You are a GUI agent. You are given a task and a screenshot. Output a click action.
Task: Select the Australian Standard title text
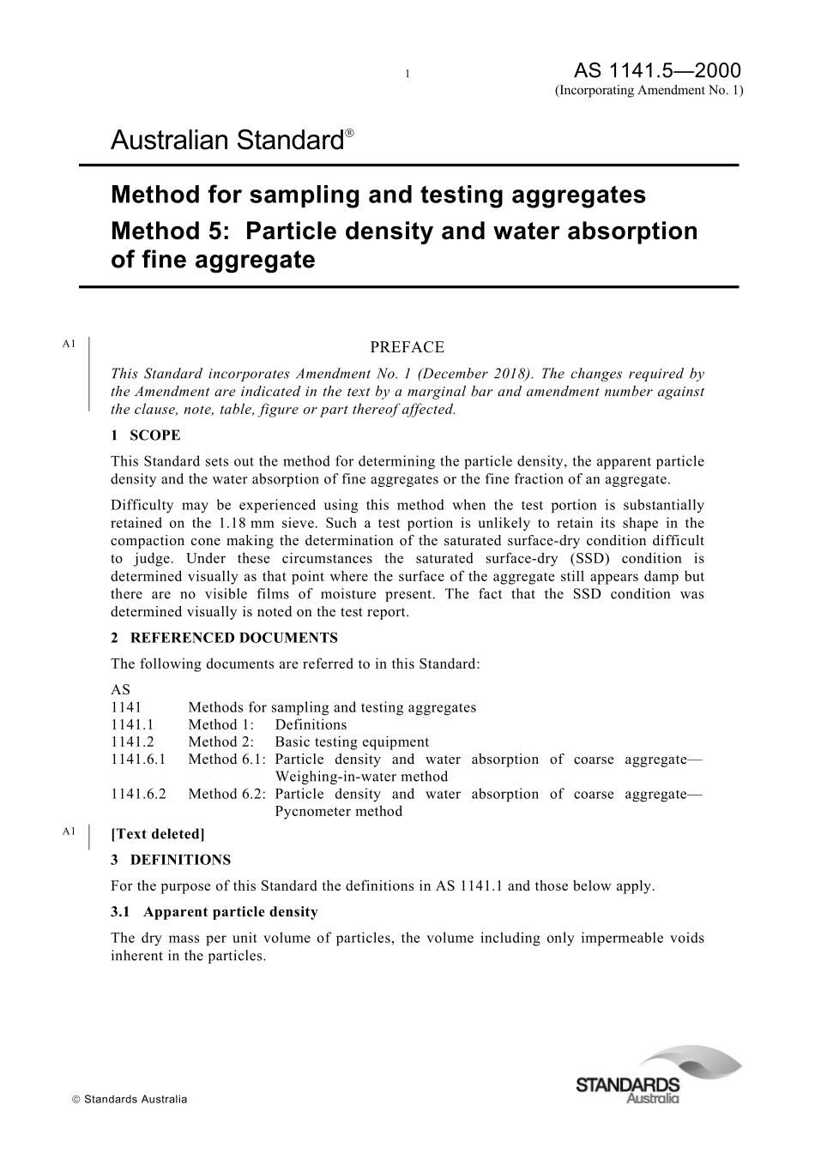(x=227, y=141)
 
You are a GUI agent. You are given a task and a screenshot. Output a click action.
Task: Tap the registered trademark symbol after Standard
(x=349, y=135)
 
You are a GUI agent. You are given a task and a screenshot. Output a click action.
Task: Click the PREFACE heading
(x=407, y=347)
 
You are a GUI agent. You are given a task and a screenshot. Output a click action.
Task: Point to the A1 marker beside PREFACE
(x=69, y=344)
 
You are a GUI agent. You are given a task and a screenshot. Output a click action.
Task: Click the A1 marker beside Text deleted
(x=69, y=831)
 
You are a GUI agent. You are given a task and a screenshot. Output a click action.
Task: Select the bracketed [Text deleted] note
(x=158, y=834)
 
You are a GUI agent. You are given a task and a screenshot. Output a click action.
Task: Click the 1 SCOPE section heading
(x=145, y=435)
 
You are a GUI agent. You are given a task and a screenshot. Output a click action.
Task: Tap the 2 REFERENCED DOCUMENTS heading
(x=224, y=638)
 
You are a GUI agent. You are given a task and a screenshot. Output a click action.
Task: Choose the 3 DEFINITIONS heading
(x=171, y=860)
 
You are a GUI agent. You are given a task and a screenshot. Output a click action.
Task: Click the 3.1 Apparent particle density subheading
(x=214, y=912)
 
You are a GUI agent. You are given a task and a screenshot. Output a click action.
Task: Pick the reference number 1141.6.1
(x=138, y=760)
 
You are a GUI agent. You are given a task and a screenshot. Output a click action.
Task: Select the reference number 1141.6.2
(x=138, y=794)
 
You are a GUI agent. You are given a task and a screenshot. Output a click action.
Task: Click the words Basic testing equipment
(x=352, y=742)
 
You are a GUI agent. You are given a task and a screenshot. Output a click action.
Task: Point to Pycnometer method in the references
(x=338, y=812)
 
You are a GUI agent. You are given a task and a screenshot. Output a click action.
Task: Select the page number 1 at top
(x=407, y=74)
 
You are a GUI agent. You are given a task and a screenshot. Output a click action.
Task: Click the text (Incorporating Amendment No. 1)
(x=649, y=91)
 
